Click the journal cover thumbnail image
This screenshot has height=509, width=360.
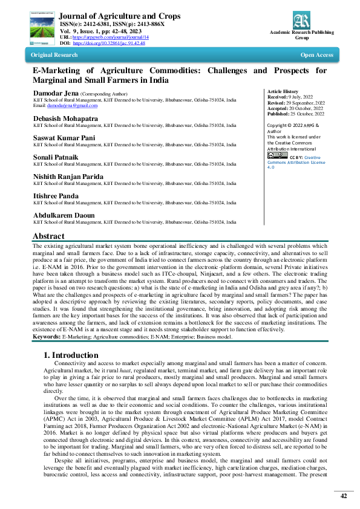click(39, 24)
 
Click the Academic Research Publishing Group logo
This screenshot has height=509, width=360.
click(301, 21)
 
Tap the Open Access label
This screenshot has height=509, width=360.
click(316, 55)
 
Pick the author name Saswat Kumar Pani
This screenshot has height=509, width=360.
click(65, 137)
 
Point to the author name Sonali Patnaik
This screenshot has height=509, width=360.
click(58, 157)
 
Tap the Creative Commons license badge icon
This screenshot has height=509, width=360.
click(277, 155)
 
